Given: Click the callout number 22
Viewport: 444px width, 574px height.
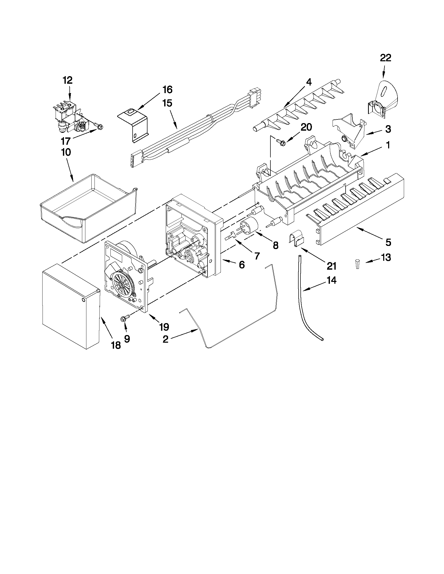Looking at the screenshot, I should [x=386, y=58].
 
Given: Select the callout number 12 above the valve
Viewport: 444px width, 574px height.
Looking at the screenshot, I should [x=68, y=80].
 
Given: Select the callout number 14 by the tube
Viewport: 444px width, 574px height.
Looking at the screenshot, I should [x=332, y=280].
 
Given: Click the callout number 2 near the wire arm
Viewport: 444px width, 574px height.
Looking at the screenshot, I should [x=165, y=339].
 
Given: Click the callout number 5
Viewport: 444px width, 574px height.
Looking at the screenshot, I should [x=388, y=242].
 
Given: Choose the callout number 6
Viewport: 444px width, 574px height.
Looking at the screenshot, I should [x=242, y=265].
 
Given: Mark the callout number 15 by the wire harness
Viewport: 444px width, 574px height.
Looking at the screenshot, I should [x=167, y=103].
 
